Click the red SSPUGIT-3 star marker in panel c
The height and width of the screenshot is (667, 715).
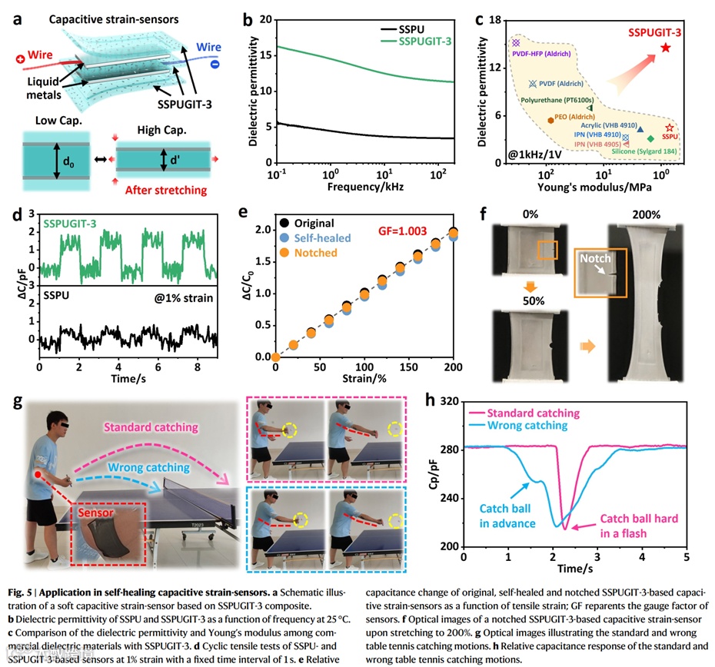tap(665, 48)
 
